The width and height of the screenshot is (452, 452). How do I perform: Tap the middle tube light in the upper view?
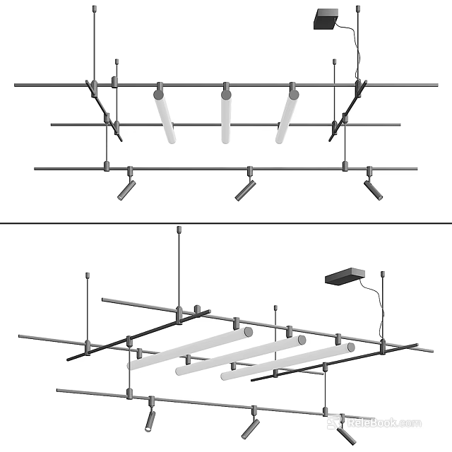click(225, 117)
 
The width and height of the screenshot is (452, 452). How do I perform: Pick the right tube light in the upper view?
click(287, 117)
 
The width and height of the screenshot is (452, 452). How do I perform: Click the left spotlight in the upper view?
click(126, 189)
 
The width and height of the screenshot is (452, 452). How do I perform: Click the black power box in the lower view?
click(345, 276)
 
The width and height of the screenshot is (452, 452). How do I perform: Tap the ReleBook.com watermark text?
click(384, 423)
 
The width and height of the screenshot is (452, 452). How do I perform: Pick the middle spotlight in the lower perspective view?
click(249, 427)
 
